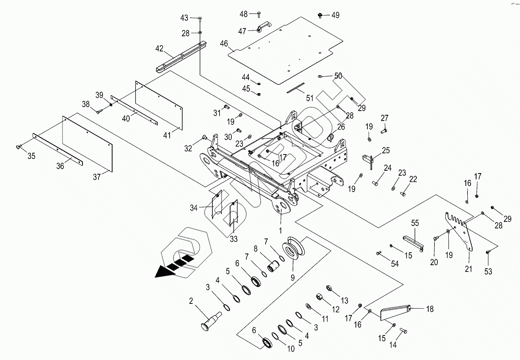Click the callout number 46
[x=224, y=43]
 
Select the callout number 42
[x=159, y=49]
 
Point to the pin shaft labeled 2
[x=211, y=321]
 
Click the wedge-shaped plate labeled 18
[x=395, y=312]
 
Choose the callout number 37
[x=97, y=177]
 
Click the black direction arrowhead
[x=164, y=272]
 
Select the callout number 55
[x=415, y=223]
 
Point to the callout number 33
[x=234, y=239]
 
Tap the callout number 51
[x=310, y=98]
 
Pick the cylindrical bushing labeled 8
[x=273, y=266]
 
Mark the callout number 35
[x=31, y=156]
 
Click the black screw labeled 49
[x=320, y=15]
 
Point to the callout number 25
[x=386, y=150]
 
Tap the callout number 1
[x=280, y=230]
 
